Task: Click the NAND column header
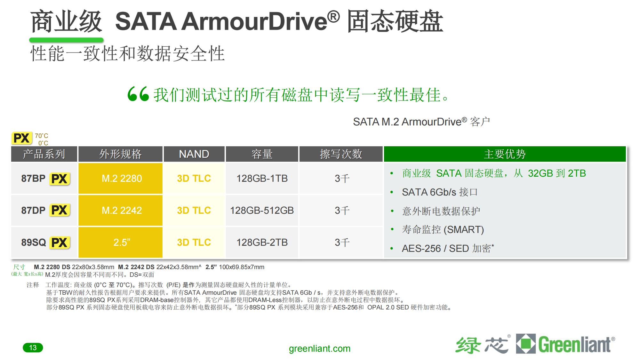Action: (x=194, y=154)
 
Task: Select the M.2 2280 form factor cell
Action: (x=122, y=178)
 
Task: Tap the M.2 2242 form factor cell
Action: (x=122, y=210)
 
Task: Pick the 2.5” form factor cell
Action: (x=122, y=242)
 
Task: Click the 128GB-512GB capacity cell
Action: (x=262, y=210)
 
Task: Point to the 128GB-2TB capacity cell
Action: (x=262, y=242)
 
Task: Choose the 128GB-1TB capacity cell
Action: (x=262, y=178)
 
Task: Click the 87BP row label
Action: (x=33, y=178)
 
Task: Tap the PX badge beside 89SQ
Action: (x=60, y=243)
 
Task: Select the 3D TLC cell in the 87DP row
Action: (x=194, y=210)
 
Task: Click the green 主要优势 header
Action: (x=505, y=154)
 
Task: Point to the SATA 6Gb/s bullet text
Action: (x=440, y=192)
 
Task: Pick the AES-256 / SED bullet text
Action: (x=447, y=248)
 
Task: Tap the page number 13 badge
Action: (x=33, y=348)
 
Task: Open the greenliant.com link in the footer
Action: (x=319, y=348)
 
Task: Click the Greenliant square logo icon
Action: (x=525, y=344)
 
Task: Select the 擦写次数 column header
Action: (x=341, y=154)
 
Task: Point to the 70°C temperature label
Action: (x=42, y=136)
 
